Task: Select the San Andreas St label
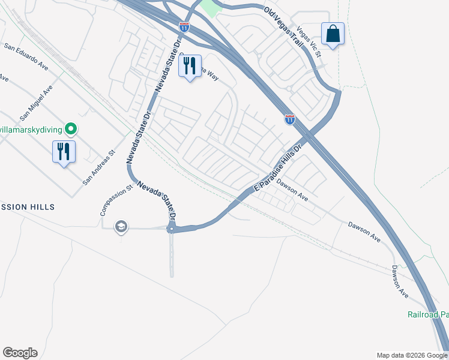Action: (x=98, y=168)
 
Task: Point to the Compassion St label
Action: (x=115, y=200)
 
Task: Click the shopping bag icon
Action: (x=332, y=34)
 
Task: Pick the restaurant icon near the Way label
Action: (x=190, y=65)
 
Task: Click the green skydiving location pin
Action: (x=71, y=128)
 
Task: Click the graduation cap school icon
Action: (x=121, y=226)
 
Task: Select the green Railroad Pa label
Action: (x=427, y=315)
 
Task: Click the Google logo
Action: (x=20, y=353)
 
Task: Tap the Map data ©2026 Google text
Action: (x=412, y=355)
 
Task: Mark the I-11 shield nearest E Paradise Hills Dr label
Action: (x=290, y=119)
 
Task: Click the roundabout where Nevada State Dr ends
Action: (x=172, y=229)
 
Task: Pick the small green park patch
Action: (x=209, y=7)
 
